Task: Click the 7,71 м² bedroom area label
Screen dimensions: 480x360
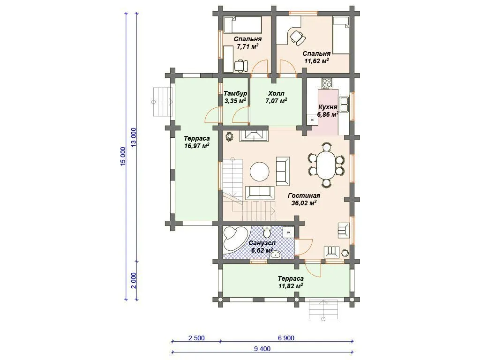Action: coord(247,46)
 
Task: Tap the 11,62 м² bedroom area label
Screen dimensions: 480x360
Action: coord(316,60)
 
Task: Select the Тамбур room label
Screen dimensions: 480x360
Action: coord(235,93)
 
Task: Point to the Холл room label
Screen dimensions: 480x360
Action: coord(277,93)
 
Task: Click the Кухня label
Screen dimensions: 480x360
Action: coord(328,107)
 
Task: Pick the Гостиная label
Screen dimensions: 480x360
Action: coord(304,195)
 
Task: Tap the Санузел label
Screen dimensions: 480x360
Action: coord(262,243)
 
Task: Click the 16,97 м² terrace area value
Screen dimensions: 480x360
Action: coord(197,146)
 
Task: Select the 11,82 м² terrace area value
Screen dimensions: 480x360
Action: coord(291,286)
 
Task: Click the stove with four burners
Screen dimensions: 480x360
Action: coord(327,82)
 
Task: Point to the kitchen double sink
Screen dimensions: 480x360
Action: coord(344,104)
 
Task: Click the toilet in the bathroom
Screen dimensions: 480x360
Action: coord(267,232)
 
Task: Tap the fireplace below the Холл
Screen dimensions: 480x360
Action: coord(254,135)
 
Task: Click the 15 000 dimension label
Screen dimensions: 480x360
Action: coord(123,157)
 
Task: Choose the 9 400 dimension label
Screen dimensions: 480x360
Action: coord(262,349)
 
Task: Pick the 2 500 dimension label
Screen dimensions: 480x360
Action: coord(196,338)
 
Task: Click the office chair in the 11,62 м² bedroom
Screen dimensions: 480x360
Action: coord(297,37)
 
